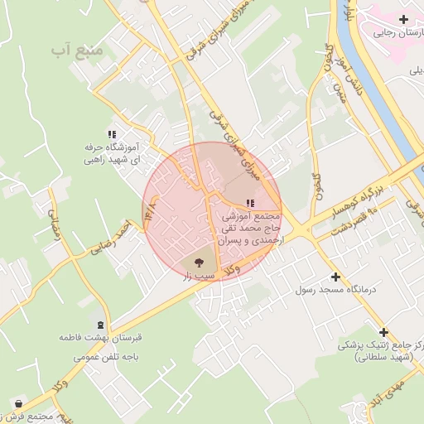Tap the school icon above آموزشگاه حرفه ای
coord(112,134)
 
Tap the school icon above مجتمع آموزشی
coord(250,203)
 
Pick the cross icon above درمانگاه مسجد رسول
coord(335,277)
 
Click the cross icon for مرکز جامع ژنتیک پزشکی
coord(383,331)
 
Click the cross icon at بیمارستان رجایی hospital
coord(403,19)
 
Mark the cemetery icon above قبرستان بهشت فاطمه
coord(101,325)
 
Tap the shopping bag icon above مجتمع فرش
coord(18,403)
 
